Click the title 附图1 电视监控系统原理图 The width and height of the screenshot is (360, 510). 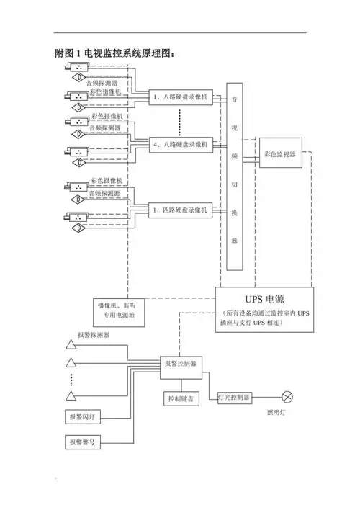pos(115,53)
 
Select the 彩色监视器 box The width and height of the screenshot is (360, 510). pos(280,153)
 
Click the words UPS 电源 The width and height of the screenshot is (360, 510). pos(265,299)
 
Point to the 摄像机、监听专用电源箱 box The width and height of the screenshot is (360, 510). pos(120,310)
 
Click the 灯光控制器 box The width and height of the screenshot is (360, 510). pos(234,397)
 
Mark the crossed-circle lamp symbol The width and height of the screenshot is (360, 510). pos(288,397)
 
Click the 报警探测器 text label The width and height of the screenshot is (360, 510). pos(94,336)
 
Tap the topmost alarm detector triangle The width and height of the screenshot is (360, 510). pos(71,342)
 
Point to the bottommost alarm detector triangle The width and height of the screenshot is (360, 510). pos(71,395)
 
